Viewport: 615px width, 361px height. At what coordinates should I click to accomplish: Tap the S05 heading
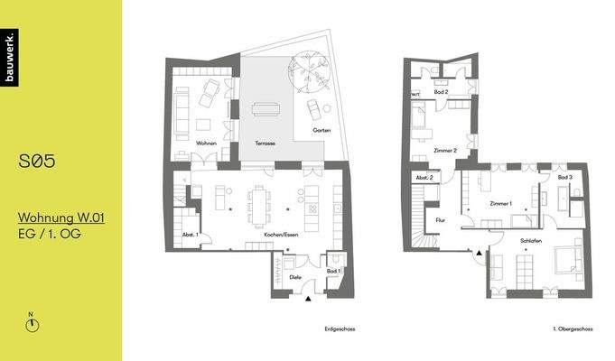(38, 162)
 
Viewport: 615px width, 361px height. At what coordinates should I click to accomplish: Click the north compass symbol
(32, 324)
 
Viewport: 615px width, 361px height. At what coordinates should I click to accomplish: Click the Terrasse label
(265, 144)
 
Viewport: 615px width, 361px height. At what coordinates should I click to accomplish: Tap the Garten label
(321, 131)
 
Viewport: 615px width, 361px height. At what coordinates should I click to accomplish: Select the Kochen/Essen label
(282, 235)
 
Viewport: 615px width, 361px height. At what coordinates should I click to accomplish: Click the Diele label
(295, 277)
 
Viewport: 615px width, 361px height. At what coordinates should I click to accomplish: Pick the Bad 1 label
(332, 271)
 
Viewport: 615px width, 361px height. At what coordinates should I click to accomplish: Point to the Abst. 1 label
(190, 236)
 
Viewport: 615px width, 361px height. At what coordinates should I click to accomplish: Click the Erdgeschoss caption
(340, 329)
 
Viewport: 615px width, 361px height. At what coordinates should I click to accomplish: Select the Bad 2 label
(441, 92)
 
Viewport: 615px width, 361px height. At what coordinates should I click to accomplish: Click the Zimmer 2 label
(445, 150)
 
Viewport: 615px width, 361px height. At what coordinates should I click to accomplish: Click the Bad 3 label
(565, 179)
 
